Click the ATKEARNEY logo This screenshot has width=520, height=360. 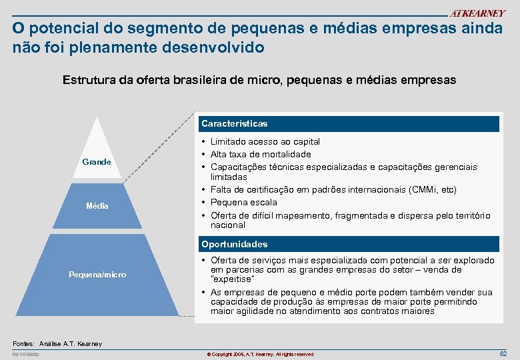477,13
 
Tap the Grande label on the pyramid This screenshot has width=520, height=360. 97,162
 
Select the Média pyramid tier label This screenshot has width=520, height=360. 97,206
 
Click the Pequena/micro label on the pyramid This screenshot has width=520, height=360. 97,275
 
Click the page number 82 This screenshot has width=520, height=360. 503,353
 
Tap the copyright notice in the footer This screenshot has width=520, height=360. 260,354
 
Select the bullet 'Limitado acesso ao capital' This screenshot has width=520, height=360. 265,141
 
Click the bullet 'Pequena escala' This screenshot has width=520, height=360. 243,202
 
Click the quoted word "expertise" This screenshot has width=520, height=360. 232,279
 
